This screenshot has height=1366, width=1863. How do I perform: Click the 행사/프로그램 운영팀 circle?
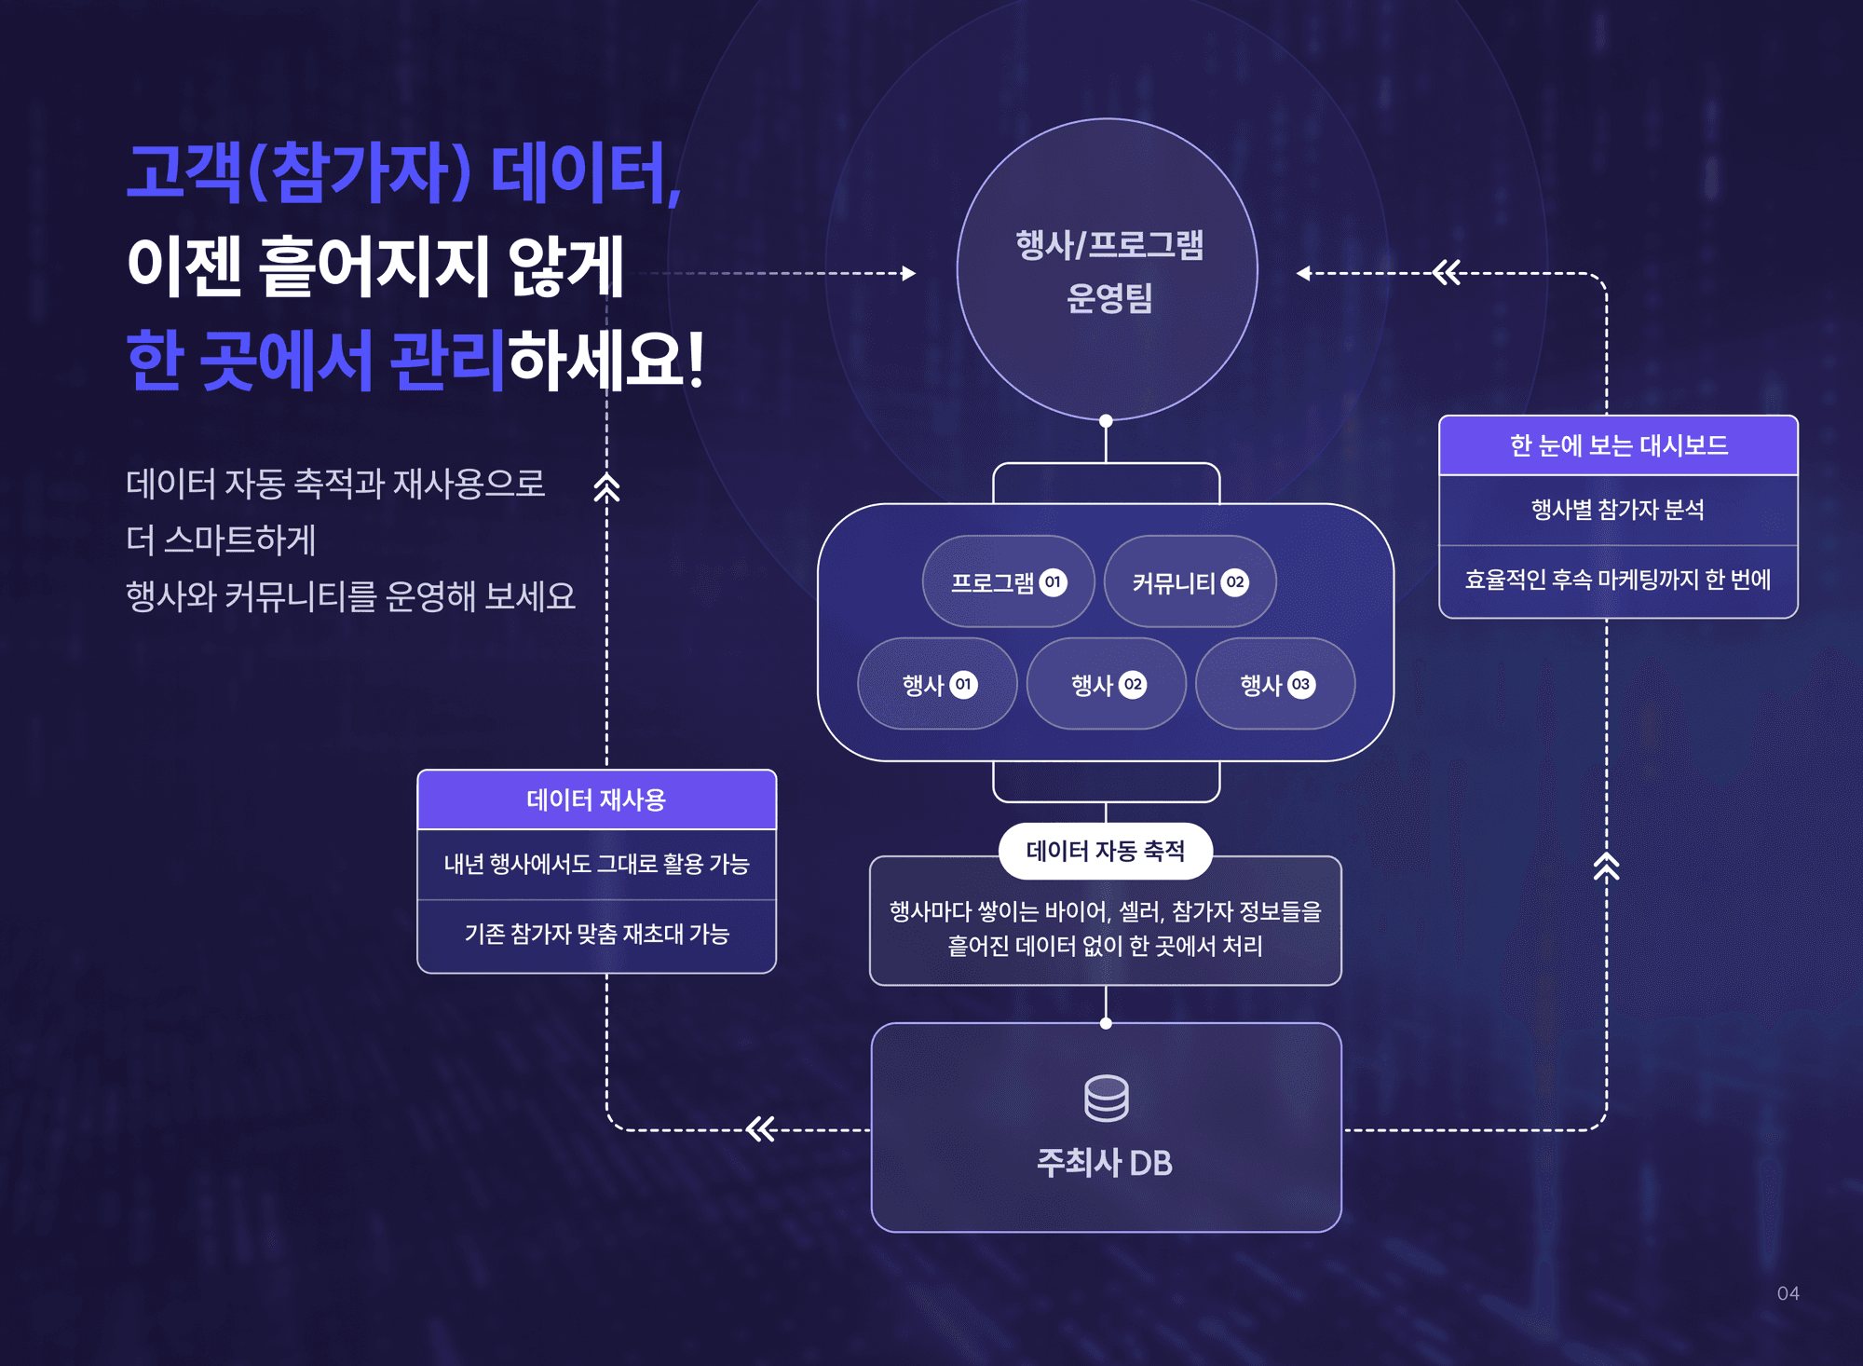coord(1107,270)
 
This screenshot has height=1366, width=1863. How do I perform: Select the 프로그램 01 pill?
coord(1008,582)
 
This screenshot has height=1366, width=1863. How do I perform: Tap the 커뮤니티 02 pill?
coord(1190,582)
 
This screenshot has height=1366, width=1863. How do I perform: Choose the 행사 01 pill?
coord(937,685)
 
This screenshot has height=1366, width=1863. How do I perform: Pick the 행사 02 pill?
coord(1107,685)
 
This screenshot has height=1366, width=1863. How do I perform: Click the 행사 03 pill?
coord(1275,685)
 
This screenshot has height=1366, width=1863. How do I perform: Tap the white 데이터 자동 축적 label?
coord(1105,851)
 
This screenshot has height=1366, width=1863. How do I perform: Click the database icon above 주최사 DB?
coord(1106,1099)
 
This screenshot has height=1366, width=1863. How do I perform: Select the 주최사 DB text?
coord(1105,1163)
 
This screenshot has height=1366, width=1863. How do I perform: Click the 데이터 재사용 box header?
coord(596,799)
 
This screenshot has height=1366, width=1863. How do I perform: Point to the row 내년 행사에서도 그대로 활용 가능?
coord(596,864)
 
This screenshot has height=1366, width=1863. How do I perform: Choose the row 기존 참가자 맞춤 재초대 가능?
coord(596,934)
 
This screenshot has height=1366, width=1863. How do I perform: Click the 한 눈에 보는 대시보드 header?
coord(1618,445)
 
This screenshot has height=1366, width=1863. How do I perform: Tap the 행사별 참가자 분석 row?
coord(1618,510)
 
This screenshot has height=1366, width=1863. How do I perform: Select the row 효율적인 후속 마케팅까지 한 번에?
coord(1618,580)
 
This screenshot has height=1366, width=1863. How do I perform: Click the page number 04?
coord(1788,1293)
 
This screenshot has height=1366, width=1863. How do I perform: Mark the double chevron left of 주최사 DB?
coord(761,1129)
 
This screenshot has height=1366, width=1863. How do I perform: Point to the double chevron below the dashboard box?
coord(1606,867)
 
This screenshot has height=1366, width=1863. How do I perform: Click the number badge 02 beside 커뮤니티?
coord(1235,582)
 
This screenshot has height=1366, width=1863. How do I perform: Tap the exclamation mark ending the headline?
coord(694,360)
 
